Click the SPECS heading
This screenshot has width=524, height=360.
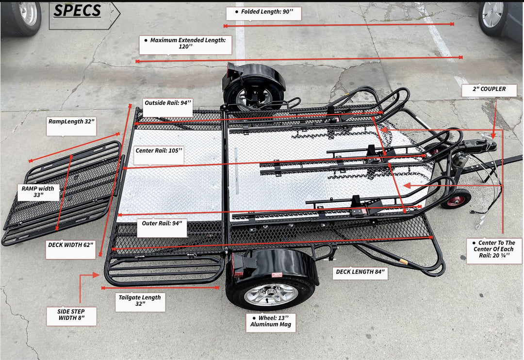click(78, 11)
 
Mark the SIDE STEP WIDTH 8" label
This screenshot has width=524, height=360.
click(71, 316)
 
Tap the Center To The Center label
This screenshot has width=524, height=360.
click(494, 250)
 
